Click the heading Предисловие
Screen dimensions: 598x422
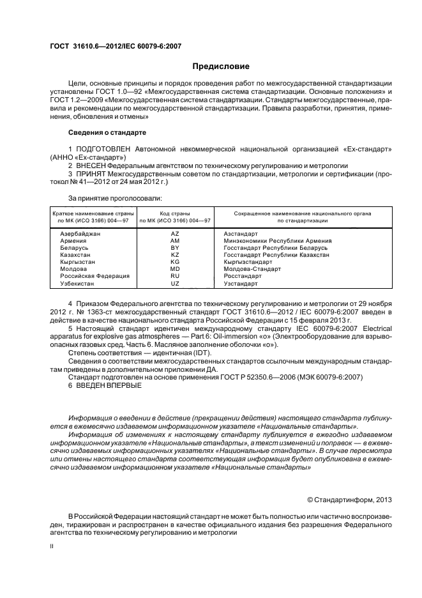coord(221,66)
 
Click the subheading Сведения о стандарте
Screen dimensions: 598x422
coord(107,132)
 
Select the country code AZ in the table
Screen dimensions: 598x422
coord(175,234)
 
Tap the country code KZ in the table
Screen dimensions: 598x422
coord(175,254)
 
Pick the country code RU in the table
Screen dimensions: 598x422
coord(175,275)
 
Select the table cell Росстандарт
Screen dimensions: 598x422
coord(243,275)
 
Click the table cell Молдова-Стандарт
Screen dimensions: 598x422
coord(252,268)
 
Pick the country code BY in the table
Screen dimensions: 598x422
coord(175,248)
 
